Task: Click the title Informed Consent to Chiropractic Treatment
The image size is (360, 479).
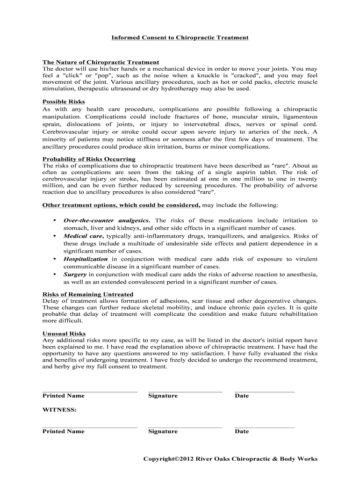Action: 180,37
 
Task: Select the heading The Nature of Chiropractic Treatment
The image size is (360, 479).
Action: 101,62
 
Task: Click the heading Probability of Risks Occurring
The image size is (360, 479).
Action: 89,159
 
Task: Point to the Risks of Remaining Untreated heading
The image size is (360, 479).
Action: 88,294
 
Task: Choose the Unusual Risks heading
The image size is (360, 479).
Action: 64,334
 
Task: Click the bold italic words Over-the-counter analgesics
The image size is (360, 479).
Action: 107,220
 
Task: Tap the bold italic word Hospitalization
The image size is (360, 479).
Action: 86,259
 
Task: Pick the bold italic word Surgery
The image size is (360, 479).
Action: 75,274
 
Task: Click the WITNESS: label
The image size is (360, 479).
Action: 59,410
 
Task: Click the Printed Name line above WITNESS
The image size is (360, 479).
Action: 90,392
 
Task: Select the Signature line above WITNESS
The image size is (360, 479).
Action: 185,392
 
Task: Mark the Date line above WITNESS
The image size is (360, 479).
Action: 265,392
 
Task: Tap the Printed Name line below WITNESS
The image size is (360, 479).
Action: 90,427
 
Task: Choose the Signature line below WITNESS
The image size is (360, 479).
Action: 185,427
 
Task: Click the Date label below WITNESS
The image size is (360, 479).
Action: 242,431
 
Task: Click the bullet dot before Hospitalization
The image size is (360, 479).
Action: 55,259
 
